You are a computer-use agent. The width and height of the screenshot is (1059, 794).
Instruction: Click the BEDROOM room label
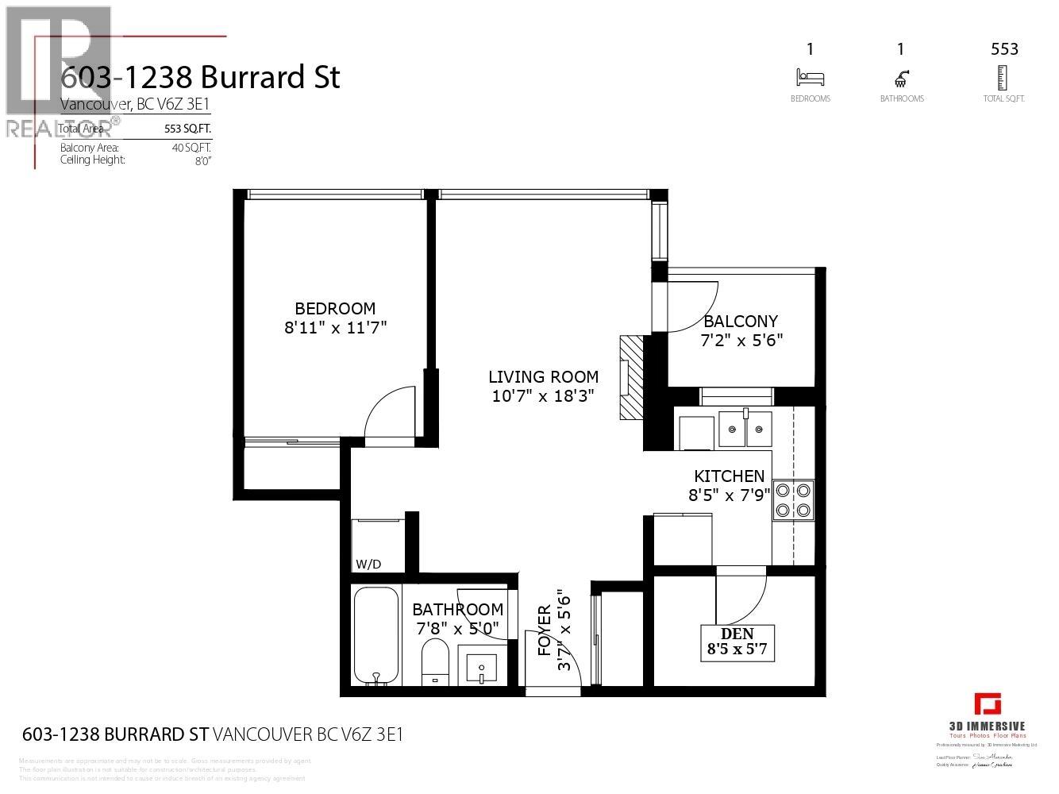pos(334,308)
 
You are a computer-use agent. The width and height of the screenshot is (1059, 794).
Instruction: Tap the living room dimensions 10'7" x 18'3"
pos(543,396)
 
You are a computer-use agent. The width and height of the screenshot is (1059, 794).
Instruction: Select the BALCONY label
pos(741,322)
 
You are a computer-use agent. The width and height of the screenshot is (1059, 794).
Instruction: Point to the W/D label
pos(368,565)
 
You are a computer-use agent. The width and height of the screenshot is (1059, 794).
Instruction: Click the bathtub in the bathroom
pos(376,635)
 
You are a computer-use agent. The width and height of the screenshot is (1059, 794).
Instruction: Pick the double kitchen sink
pos(745,430)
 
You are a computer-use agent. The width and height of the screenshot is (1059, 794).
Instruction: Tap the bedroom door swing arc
pos(389,411)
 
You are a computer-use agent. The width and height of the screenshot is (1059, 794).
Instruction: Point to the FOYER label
pos(545,630)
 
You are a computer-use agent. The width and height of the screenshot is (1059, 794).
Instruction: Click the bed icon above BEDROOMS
pos(810,78)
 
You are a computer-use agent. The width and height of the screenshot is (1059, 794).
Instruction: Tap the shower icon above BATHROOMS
pos(902,78)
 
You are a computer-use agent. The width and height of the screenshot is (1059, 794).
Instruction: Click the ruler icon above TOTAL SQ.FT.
pos(1003,78)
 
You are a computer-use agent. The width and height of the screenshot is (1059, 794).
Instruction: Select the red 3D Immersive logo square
pos(988,704)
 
